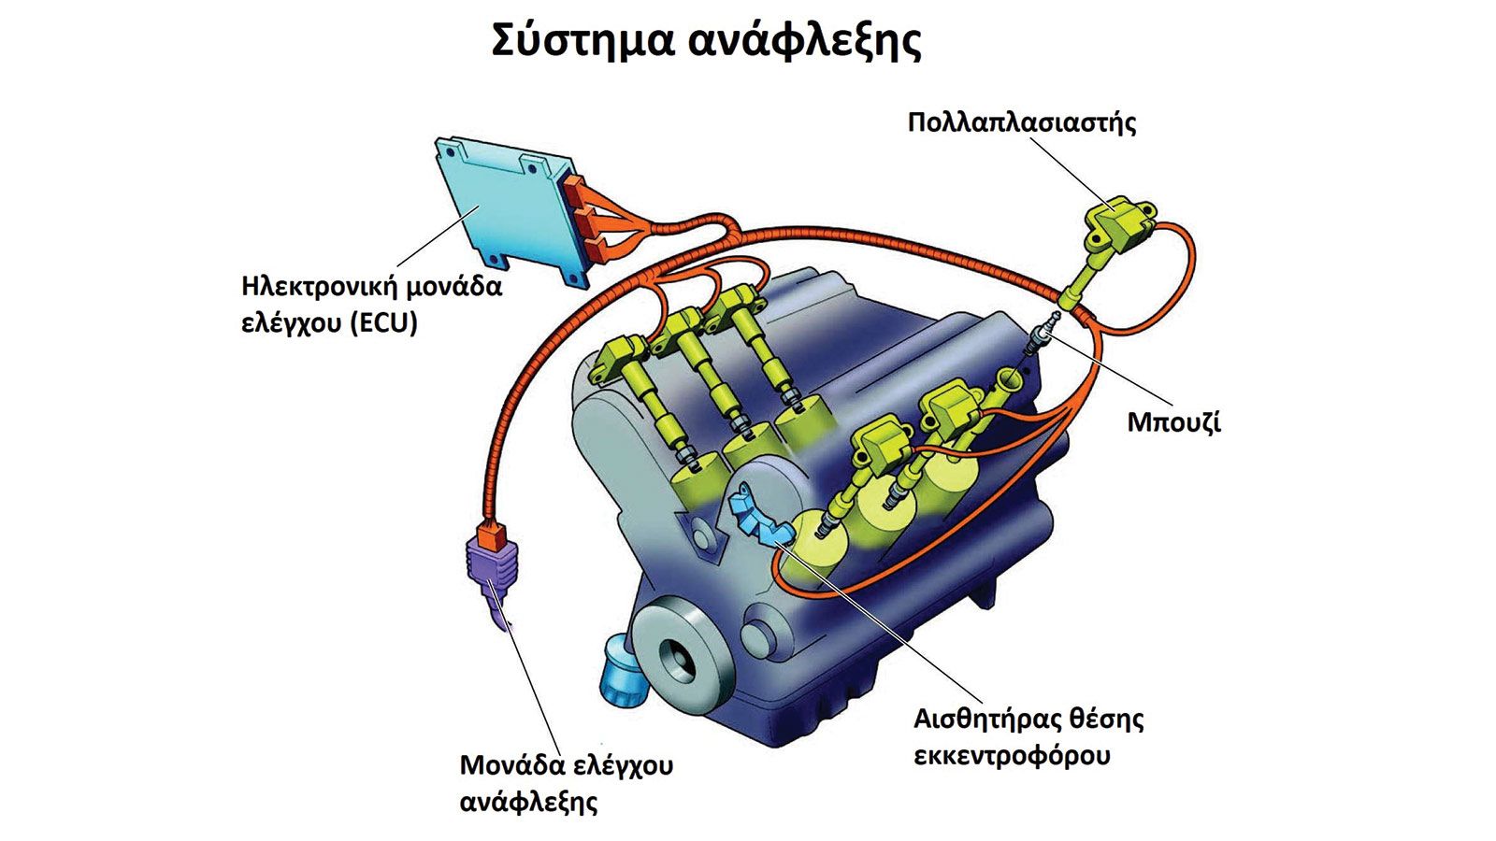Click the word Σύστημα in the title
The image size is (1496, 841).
point(581,40)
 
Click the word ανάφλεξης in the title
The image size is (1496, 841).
point(805,41)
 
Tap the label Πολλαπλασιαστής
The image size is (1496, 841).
point(1022,122)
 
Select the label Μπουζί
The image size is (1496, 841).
point(1173,422)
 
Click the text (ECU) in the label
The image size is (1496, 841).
point(383,323)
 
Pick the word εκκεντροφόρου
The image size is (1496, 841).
point(1012,756)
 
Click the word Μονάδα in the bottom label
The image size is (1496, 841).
point(511,765)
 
